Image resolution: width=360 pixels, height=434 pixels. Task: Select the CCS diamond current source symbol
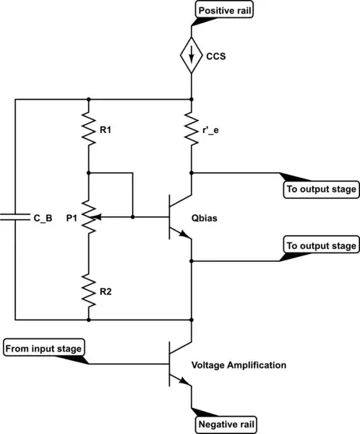coord(192,55)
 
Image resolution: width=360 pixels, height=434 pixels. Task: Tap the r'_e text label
coord(215,132)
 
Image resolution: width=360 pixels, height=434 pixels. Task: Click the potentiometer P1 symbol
coord(87,216)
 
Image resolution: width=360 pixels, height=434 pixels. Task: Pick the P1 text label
coord(71,216)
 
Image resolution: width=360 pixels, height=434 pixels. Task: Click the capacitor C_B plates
coord(14,216)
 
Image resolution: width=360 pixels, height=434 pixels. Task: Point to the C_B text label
coord(43,216)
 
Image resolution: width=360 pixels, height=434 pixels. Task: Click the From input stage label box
coord(45,349)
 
